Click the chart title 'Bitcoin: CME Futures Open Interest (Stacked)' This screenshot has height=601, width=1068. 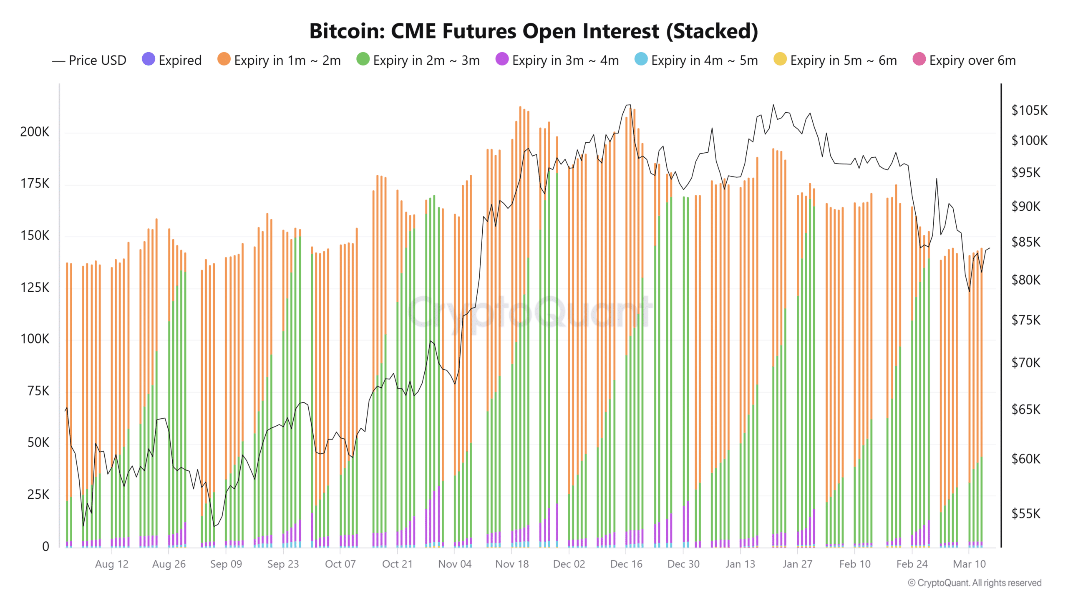pyautogui.click(x=534, y=31)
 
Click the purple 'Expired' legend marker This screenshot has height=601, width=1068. pyautogui.click(x=149, y=59)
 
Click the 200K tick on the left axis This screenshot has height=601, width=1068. pyautogui.click(x=35, y=132)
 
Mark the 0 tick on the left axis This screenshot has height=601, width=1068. pyautogui.click(x=45, y=546)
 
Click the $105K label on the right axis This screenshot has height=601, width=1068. pyautogui.click(x=1029, y=111)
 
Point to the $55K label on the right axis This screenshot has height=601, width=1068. pyautogui.click(x=1025, y=514)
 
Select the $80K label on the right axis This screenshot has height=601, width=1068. pyautogui.click(x=1025, y=280)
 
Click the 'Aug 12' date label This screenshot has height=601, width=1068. pyautogui.click(x=111, y=564)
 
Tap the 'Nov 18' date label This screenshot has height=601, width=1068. pyautogui.click(x=511, y=564)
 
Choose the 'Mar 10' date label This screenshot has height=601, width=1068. pyautogui.click(x=969, y=564)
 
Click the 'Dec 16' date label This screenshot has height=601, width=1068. pyautogui.click(x=626, y=564)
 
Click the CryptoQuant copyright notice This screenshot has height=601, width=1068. pyautogui.click(x=975, y=583)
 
